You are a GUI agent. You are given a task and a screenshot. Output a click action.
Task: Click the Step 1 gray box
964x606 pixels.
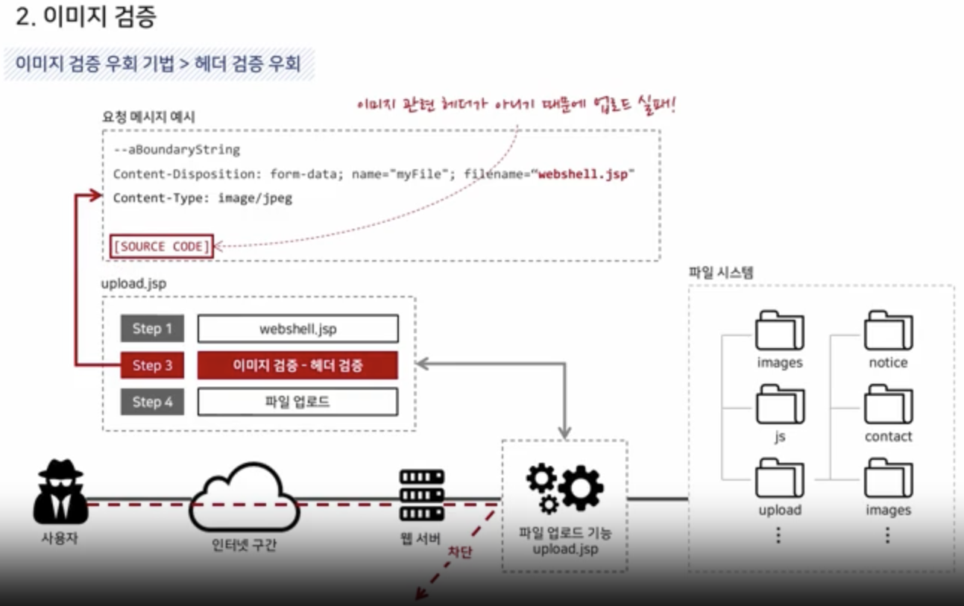click(152, 329)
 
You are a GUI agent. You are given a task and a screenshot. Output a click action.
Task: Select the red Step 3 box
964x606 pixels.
click(152, 365)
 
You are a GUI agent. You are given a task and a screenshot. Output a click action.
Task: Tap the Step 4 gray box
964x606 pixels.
click(152, 402)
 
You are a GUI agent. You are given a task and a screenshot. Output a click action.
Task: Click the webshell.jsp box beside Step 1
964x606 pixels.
click(297, 329)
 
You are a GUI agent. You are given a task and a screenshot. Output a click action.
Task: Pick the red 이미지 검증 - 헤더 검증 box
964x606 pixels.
click(297, 365)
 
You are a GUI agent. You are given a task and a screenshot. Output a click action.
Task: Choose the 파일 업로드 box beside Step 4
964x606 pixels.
click(297, 402)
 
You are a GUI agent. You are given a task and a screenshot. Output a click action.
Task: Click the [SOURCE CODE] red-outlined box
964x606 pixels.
click(162, 246)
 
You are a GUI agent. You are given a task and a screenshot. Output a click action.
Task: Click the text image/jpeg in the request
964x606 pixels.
click(255, 198)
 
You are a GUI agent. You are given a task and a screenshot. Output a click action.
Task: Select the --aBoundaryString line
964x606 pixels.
click(177, 150)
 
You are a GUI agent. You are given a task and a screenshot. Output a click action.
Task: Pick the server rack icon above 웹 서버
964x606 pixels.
click(421, 495)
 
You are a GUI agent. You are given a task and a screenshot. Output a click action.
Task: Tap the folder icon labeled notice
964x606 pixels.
click(888, 330)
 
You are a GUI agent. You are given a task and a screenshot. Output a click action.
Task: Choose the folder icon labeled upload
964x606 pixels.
click(780, 478)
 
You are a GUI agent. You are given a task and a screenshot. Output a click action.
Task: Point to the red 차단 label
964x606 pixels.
click(459, 552)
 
